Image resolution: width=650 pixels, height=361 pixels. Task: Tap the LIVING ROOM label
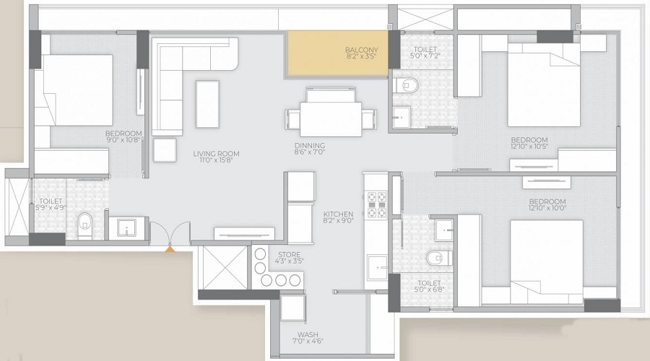(216, 154)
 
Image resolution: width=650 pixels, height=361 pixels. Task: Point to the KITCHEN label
(338, 214)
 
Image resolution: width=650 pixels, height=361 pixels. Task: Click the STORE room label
(290, 254)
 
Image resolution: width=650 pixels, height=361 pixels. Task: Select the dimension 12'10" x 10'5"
(529, 149)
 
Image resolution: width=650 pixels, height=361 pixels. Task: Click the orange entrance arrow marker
(170, 248)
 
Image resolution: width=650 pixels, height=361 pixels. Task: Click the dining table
(331, 116)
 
